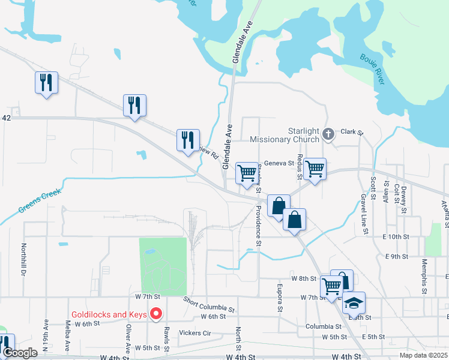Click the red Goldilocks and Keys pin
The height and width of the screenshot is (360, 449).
click(156, 313)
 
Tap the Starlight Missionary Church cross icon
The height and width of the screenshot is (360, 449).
click(328, 134)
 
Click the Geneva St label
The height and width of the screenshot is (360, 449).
click(279, 163)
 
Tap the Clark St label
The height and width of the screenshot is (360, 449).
click(352, 131)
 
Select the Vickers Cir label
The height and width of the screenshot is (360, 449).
click(196, 332)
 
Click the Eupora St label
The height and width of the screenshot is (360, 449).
click(280, 298)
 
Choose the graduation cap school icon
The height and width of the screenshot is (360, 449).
click(354, 302)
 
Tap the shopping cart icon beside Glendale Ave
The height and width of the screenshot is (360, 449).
click(247, 173)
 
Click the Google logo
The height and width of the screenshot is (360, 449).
click(20, 353)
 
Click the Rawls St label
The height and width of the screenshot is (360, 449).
click(166, 333)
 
